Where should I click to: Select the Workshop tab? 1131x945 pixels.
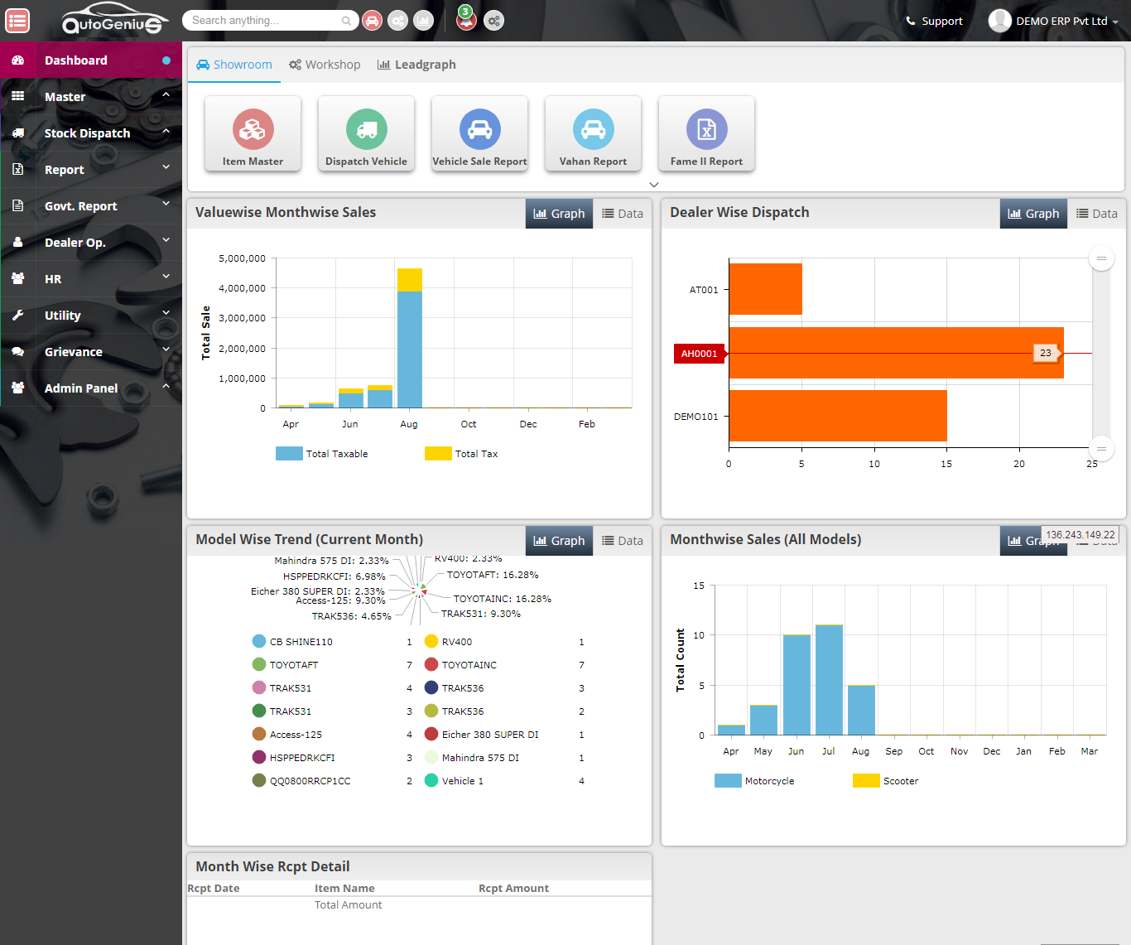pos(325,65)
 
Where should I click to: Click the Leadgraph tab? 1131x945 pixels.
pos(416,65)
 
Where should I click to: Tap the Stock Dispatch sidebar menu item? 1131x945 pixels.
pos(87,133)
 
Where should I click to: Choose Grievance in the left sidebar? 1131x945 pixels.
pos(74,352)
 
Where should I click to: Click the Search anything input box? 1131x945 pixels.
pos(265,21)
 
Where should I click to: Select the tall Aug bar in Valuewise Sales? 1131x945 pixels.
pos(409,348)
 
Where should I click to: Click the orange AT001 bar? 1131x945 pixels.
pos(765,289)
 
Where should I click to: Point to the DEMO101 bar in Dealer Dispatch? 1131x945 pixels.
pos(837,416)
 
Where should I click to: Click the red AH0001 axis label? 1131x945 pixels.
pos(699,354)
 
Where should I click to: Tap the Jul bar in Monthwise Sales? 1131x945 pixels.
pos(829,679)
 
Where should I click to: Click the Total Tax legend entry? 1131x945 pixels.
pos(462,454)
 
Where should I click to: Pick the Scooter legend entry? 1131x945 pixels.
pos(886,781)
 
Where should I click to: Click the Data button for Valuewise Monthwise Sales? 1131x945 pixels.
pos(622,214)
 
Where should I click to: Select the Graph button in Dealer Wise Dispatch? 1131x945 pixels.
pos(1033,214)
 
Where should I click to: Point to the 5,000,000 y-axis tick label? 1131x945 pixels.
pos(242,258)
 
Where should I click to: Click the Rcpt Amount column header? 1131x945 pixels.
pos(513,889)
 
